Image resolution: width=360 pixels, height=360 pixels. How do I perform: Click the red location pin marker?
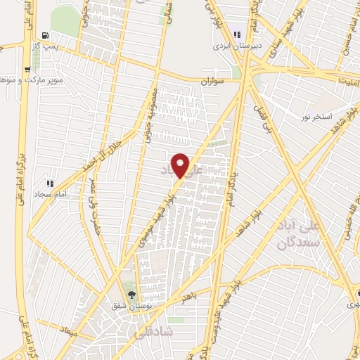(181, 165)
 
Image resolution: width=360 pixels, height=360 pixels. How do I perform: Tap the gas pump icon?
(46, 34)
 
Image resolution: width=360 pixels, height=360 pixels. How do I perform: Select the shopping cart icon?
(27, 69)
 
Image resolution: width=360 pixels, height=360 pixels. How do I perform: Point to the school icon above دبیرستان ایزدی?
(236, 34)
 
